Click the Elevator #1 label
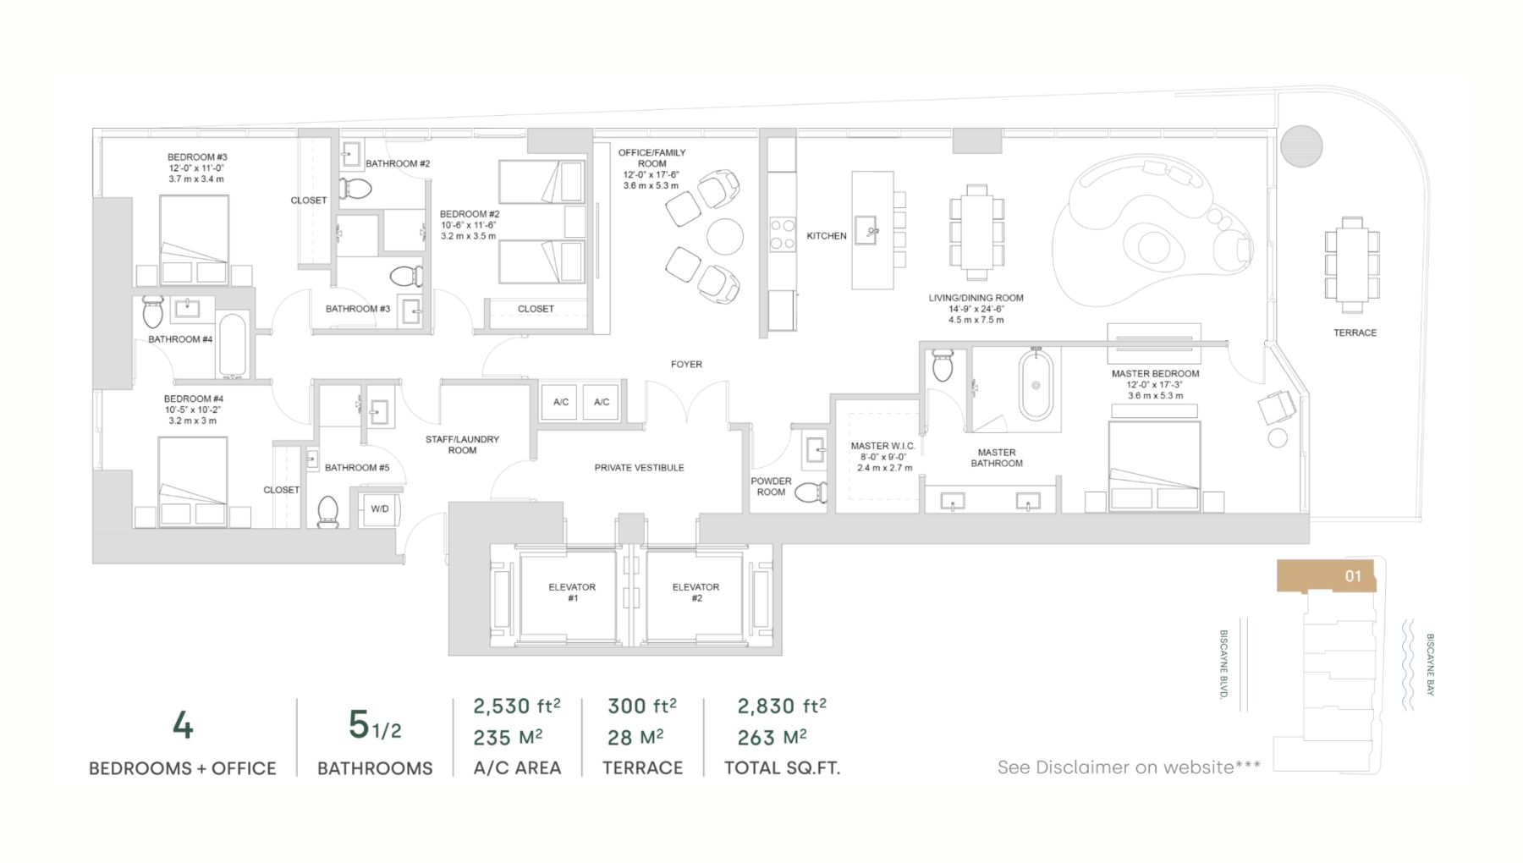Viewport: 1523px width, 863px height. (x=572, y=592)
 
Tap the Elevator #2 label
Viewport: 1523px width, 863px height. (x=696, y=592)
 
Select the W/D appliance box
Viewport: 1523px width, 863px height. (x=380, y=508)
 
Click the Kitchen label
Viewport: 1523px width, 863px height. (x=827, y=236)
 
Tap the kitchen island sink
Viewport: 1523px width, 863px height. (x=866, y=229)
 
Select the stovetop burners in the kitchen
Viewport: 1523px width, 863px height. (x=783, y=234)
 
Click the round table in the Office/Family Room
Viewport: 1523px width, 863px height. (x=725, y=236)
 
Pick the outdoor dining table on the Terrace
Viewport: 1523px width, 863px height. (x=1352, y=265)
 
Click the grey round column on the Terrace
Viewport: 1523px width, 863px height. (x=1300, y=146)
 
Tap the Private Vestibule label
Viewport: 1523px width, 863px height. (x=639, y=467)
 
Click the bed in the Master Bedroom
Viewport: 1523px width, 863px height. (x=1154, y=466)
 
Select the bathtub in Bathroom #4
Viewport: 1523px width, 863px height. (x=233, y=344)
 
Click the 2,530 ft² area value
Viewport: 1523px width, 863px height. (x=516, y=706)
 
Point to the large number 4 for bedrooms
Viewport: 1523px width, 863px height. (x=183, y=725)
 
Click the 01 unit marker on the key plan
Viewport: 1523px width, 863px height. (x=1353, y=576)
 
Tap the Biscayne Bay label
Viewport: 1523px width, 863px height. (x=1430, y=665)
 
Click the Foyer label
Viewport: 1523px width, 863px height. (x=686, y=364)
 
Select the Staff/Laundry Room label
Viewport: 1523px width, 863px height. (x=462, y=444)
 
